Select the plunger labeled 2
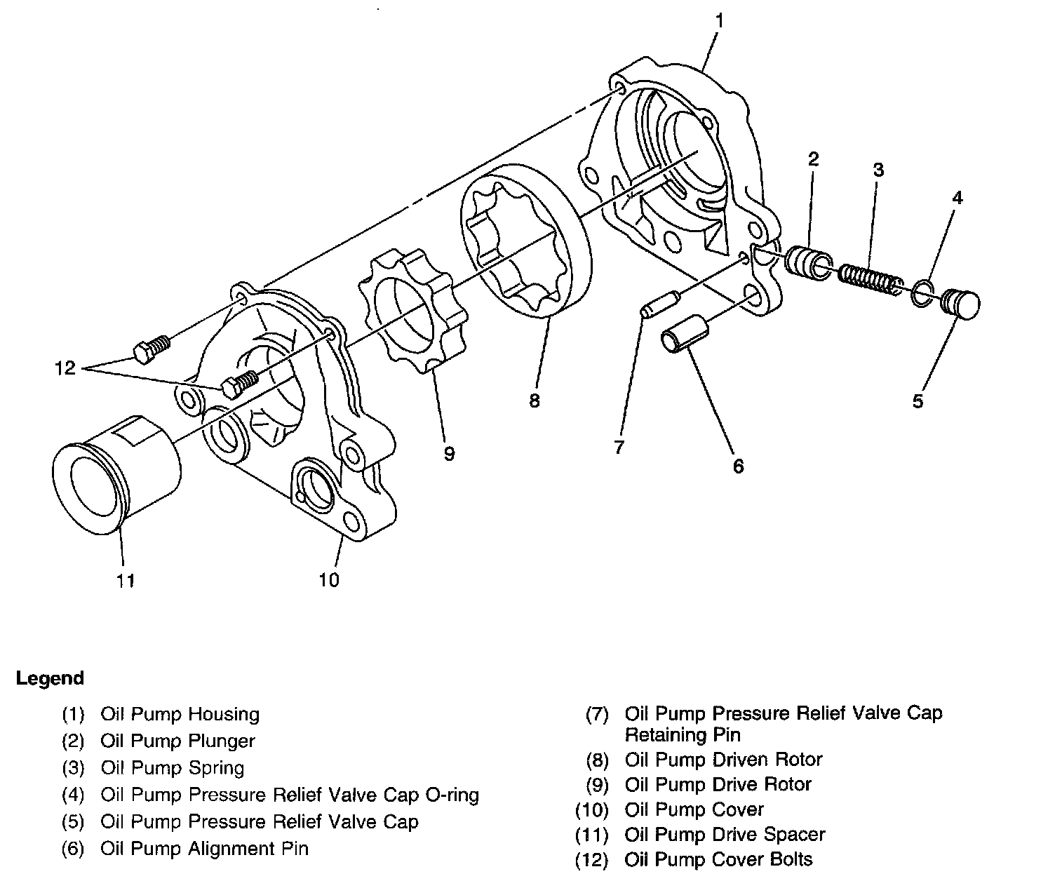click(x=807, y=262)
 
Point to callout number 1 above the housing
click(x=718, y=20)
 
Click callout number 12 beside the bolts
click(x=65, y=368)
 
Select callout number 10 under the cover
click(x=328, y=580)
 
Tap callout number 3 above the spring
click(x=878, y=170)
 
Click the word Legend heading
click(x=50, y=678)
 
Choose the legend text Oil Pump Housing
click(x=180, y=715)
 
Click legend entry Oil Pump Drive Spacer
click(x=725, y=835)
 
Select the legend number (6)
click(x=73, y=849)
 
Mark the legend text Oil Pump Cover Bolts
click(x=718, y=860)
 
